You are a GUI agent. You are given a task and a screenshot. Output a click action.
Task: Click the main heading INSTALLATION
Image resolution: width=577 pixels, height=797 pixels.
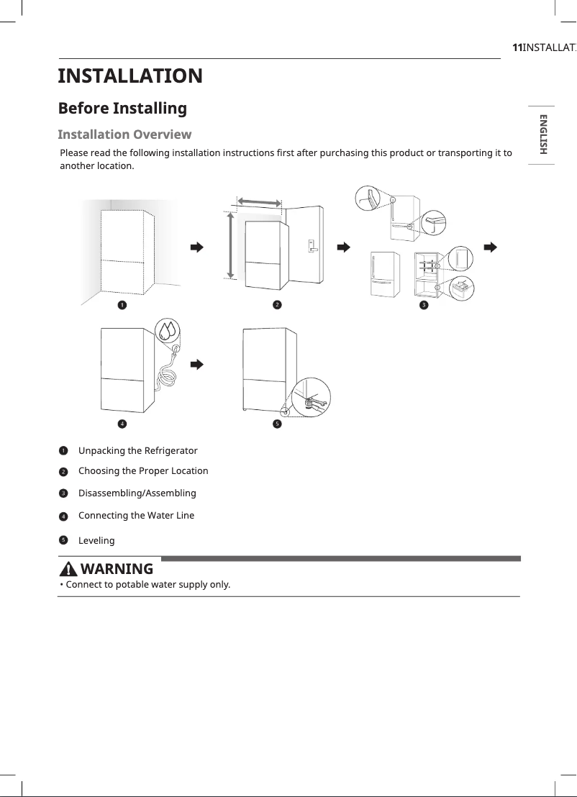point(130,76)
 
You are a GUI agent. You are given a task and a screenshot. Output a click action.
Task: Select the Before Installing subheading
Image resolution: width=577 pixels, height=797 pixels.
point(122,109)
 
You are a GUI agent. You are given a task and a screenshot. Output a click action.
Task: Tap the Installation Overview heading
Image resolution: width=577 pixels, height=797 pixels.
point(124,135)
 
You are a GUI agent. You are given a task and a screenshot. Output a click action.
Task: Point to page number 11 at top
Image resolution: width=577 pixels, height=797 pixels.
point(516,47)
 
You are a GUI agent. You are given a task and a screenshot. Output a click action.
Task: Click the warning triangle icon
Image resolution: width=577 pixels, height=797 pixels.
point(68,570)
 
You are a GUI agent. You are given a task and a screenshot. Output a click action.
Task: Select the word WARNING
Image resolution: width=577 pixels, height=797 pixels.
point(117,570)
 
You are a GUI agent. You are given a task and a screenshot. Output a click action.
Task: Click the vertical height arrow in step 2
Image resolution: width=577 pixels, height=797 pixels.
point(230,245)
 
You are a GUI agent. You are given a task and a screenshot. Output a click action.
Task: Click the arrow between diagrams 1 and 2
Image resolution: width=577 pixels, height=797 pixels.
point(196,247)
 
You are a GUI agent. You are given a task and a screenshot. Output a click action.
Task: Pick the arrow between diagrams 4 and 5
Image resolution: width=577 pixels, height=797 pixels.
point(196,364)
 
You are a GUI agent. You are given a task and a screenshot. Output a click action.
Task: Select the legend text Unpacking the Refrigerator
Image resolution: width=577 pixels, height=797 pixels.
point(137,450)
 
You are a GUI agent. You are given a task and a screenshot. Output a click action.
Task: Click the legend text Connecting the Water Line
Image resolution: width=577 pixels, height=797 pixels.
point(136,515)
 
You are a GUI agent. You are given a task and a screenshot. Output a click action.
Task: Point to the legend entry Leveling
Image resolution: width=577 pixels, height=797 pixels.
point(96,540)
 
